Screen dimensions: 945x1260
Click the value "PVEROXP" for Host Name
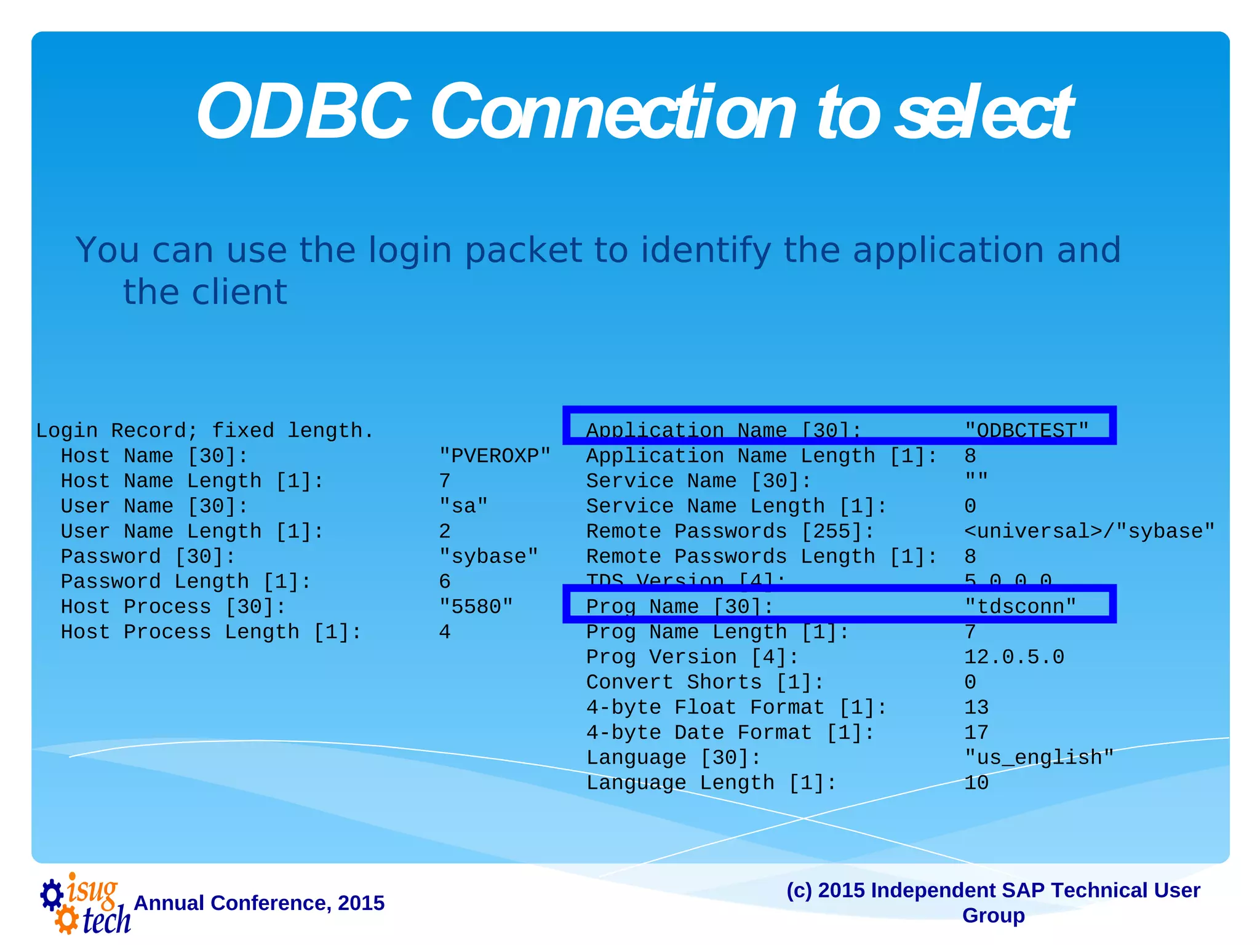pyautogui.click(x=495, y=456)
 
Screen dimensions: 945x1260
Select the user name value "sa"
pyautogui.click(x=463, y=506)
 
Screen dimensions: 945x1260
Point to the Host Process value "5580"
pyautogui.click(x=476, y=607)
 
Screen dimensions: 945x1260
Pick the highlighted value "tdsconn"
pyautogui.click(x=1020, y=606)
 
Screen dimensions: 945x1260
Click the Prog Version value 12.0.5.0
pyautogui.click(x=1014, y=657)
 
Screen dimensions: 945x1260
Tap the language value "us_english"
pyautogui.click(x=1039, y=757)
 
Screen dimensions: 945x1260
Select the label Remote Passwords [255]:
pyautogui.click(x=730, y=531)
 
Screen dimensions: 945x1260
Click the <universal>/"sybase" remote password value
pyautogui.click(x=1089, y=531)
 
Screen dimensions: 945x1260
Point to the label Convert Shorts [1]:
pyautogui.click(x=705, y=682)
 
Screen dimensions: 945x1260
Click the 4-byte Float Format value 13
pyautogui.click(x=976, y=708)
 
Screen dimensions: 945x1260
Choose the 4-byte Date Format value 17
pyautogui.click(x=976, y=733)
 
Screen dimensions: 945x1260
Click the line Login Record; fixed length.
pyautogui.click(x=204, y=431)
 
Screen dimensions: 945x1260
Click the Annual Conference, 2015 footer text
pyautogui.click(x=259, y=903)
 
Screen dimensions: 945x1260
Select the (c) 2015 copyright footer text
pyautogui.click(x=993, y=902)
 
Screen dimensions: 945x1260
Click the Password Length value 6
pyautogui.click(x=445, y=581)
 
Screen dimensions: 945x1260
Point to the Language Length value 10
pyautogui.click(x=976, y=783)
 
